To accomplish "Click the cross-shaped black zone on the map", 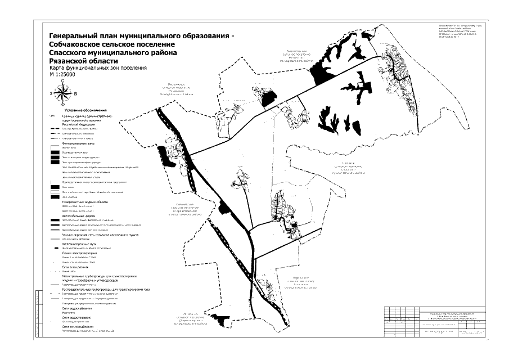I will pyautogui.click(x=363, y=91).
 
